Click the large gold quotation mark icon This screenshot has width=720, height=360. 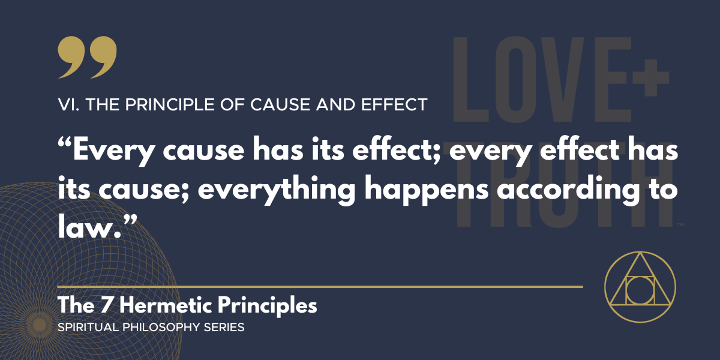point(88,58)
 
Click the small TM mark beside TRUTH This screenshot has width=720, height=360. point(680,226)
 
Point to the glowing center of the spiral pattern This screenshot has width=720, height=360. point(40,325)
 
